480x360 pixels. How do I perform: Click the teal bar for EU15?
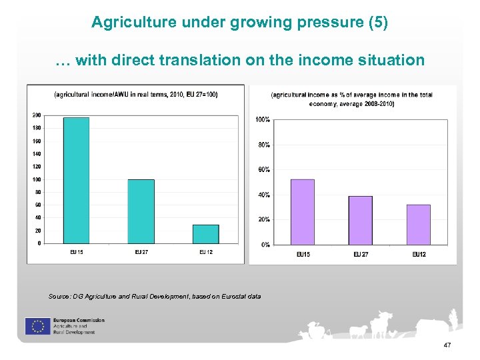pyautogui.click(x=75, y=180)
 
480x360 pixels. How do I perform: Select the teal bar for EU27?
pyautogui.click(x=141, y=211)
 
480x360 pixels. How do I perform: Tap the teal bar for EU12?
pyautogui.click(x=205, y=233)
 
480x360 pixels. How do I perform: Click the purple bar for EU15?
pyautogui.click(x=302, y=212)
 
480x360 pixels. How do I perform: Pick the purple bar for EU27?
pyautogui.click(x=361, y=220)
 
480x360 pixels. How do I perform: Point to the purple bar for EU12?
pyautogui.click(x=418, y=224)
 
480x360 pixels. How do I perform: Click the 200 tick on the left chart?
pyautogui.click(x=36, y=115)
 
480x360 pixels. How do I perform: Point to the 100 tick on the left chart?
pyautogui.click(x=36, y=179)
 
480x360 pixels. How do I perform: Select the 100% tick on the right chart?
pyautogui.click(x=262, y=120)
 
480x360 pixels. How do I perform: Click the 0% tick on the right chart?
pyautogui.click(x=265, y=245)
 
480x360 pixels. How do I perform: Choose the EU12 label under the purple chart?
pyautogui.click(x=419, y=255)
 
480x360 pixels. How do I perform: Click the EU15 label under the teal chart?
pyautogui.click(x=77, y=252)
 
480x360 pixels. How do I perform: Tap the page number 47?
pyautogui.click(x=447, y=345)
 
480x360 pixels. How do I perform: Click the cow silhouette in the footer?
pyautogui.click(x=383, y=323)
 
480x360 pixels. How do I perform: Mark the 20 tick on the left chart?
pyautogui.click(x=37, y=231)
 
